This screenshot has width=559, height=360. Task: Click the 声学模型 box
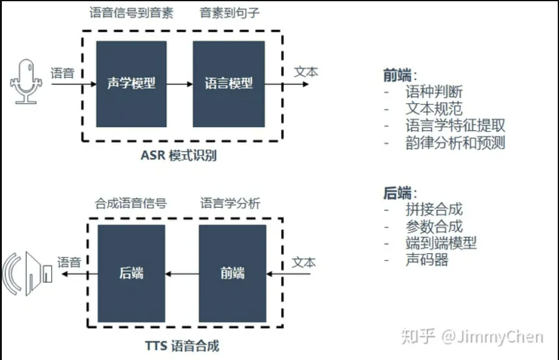pos(131,84)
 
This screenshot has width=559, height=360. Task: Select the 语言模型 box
pos(229,84)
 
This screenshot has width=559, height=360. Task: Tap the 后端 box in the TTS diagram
pos(131,274)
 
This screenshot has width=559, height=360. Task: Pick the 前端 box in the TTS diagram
pos(232,274)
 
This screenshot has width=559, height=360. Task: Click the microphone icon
pos(26,82)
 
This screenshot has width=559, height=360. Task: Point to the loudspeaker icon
pos(27,274)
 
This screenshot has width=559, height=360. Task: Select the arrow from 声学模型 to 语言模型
pos(180,84)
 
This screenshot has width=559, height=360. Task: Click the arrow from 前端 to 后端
pos(182,274)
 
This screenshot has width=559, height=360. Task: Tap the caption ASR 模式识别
pos(179,156)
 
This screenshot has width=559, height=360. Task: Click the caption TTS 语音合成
pos(182,346)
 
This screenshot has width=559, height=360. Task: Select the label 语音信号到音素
pos(131,13)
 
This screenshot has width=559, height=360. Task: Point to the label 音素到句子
pos(230,13)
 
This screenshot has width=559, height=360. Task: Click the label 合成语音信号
pos(131,203)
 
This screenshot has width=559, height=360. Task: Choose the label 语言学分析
pos(230,203)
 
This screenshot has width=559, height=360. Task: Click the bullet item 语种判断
pos(434,92)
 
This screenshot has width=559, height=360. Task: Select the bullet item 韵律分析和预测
pos(455,143)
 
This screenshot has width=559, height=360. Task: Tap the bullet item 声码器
pos(427,260)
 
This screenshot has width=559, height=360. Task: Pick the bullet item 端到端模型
pos(441,243)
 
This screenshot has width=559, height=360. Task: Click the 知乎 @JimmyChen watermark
pos(473,337)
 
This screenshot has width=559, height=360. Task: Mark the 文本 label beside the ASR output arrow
pos(306,72)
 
